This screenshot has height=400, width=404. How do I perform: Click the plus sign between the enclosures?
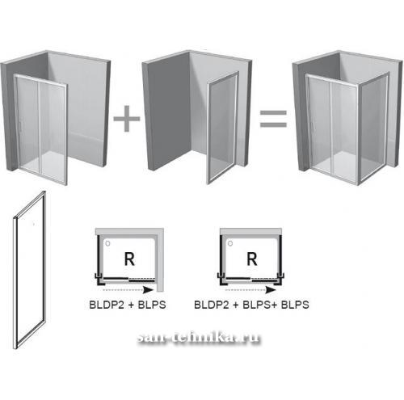[127, 119]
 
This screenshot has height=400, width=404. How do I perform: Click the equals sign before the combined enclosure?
[273, 119]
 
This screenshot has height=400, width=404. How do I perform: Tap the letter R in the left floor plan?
[129, 259]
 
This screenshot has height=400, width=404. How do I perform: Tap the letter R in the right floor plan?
[252, 259]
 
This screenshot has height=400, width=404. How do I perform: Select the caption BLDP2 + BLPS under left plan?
[128, 305]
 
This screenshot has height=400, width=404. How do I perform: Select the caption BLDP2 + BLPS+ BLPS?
[251, 305]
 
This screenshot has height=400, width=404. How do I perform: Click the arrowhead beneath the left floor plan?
[148, 290]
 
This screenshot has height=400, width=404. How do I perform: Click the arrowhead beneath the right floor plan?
[271, 290]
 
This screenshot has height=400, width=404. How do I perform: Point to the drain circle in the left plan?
[107, 243]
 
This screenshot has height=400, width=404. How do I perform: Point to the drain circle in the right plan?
[230, 243]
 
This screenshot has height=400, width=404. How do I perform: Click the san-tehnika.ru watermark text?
[199, 337]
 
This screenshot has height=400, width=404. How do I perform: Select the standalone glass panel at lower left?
[30, 269]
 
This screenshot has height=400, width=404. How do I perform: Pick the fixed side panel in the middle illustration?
[222, 128]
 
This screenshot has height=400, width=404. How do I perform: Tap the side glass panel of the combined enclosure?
[373, 128]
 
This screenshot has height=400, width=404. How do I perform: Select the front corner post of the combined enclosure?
[358, 135]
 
